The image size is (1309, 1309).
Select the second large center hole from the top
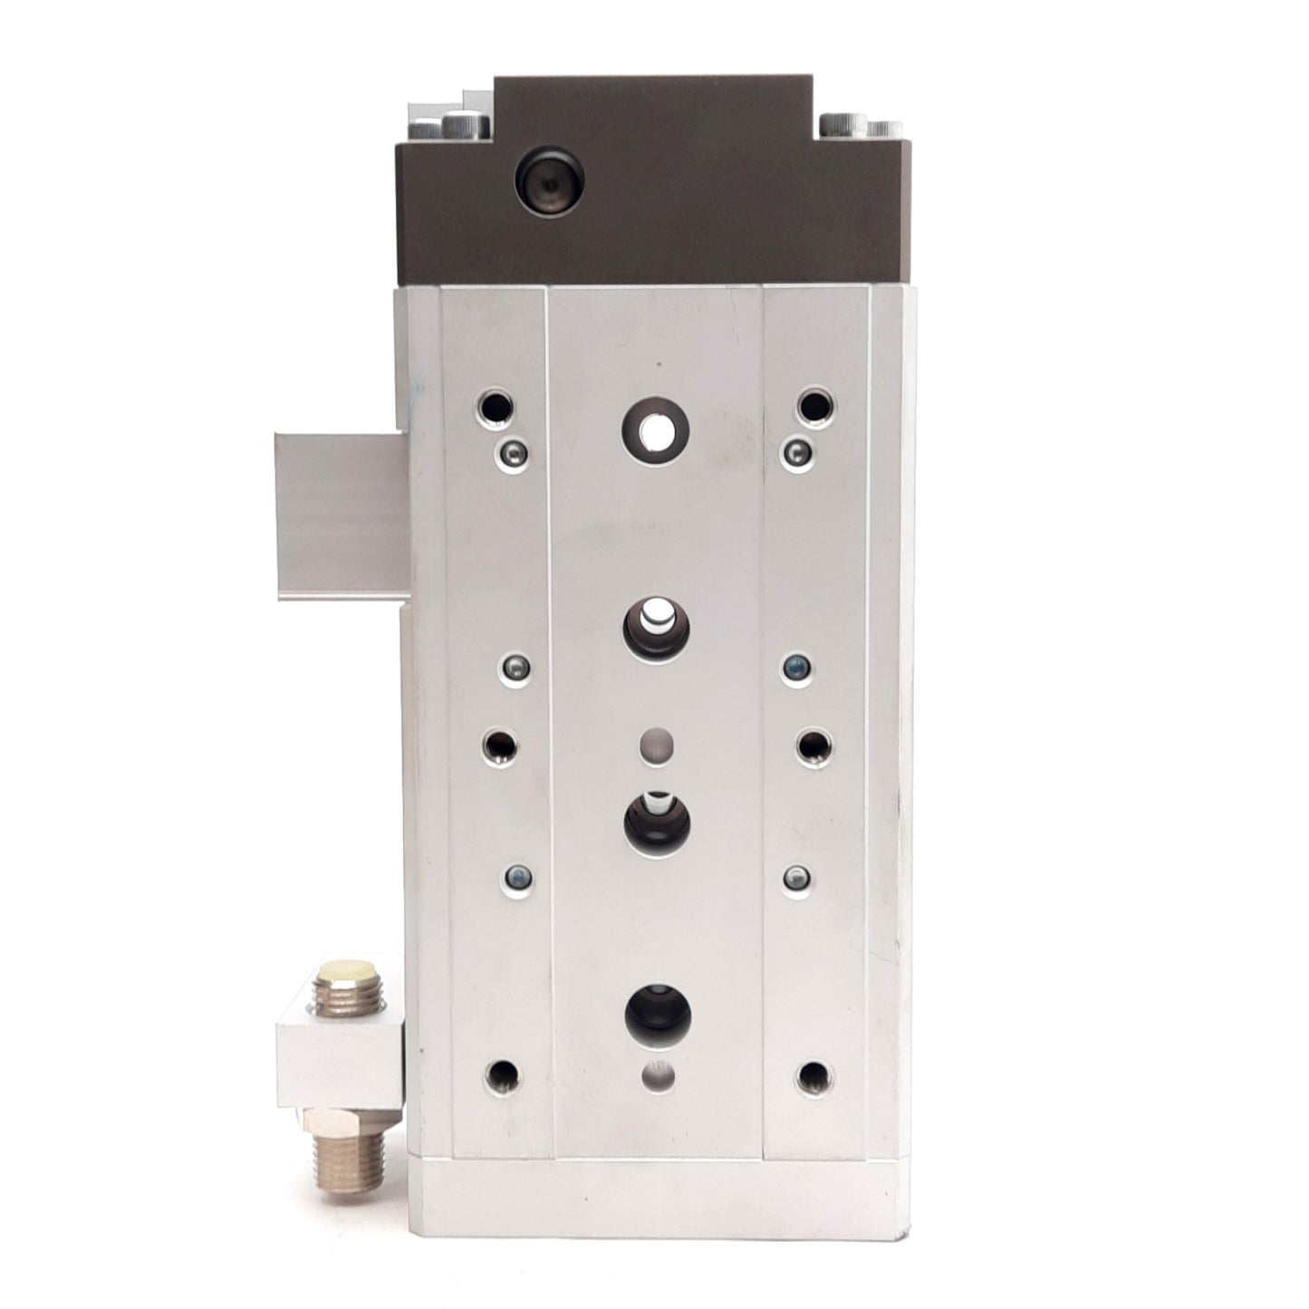[x=655, y=624]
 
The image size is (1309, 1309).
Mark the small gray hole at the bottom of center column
[x=657, y=1075]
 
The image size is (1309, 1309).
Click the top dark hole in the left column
[x=496, y=404]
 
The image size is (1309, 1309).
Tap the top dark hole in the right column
[x=814, y=404]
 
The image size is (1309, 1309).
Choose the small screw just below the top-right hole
[x=796, y=449]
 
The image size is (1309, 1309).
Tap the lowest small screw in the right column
[x=795, y=876]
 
